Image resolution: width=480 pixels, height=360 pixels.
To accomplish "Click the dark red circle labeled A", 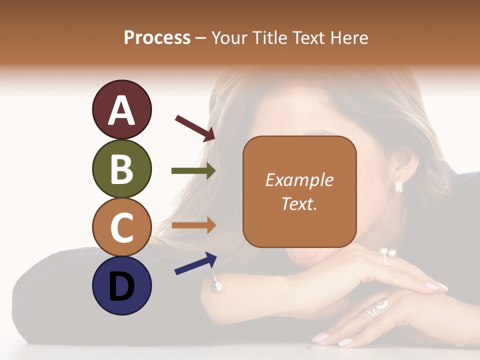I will click(x=121, y=109).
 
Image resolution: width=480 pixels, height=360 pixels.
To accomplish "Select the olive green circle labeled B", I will click(x=121, y=168).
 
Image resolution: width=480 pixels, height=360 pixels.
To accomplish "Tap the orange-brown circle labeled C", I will click(x=121, y=227).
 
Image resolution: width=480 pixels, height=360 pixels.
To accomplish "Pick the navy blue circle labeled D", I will click(x=121, y=285).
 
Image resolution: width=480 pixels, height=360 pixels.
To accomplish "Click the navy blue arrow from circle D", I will click(x=195, y=263).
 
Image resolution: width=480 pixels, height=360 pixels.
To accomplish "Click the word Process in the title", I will click(x=157, y=38).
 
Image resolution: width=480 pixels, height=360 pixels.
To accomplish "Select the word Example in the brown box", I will click(x=299, y=180).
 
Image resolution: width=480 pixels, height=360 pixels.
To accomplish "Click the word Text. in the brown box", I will click(x=299, y=203).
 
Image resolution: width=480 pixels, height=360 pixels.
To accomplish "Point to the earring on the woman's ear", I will click(x=398, y=186).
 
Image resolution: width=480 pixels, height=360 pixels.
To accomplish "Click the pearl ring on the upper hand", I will click(x=387, y=254).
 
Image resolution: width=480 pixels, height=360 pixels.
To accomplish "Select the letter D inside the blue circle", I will click(x=121, y=286).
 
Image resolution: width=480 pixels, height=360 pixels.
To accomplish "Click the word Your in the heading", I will click(x=228, y=38).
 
